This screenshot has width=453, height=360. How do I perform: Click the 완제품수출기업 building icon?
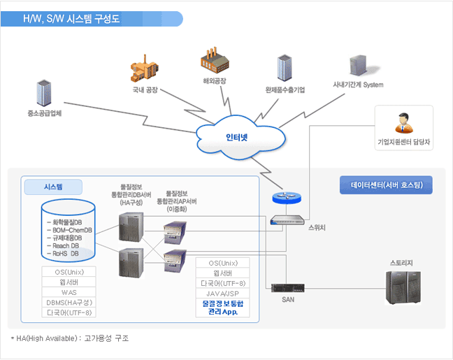(x=285, y=69)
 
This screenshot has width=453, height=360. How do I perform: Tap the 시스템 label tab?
(x=53, y=187)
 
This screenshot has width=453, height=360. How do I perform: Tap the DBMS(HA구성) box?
(x=69, y=302)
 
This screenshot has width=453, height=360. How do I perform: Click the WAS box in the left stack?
(x=69, y=291)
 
